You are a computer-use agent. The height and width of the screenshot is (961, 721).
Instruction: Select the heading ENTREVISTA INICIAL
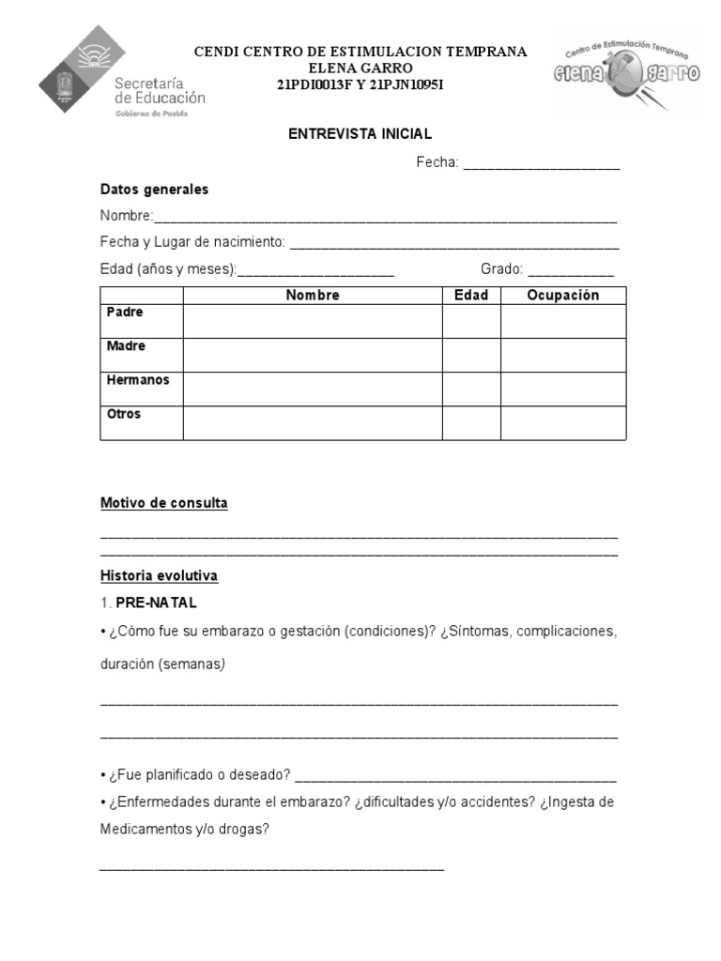click(x=360, y=134)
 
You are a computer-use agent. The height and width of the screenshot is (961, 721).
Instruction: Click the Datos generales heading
click(x=154, y=190)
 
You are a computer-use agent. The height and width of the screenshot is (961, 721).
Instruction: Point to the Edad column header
click(x=471, y=296)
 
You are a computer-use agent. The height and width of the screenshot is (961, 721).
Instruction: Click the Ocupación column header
click(x=562, y=296)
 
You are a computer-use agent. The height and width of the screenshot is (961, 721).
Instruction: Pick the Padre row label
click(x=126, y=313)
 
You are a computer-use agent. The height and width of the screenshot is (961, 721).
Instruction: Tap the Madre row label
click(x=127, y=346)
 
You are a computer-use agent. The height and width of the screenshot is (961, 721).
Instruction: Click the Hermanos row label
click(x=138, y=380)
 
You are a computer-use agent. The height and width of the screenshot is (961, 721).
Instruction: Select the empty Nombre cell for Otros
click(x=313, y=423)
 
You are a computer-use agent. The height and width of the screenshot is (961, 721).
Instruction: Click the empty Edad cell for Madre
click(x=471, y=355)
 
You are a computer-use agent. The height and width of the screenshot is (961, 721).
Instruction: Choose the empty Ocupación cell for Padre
click(x=562, y=321)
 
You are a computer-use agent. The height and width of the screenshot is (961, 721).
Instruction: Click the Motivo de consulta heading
click(x=164, y=503)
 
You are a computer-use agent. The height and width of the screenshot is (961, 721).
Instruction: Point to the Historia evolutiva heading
click(x=159, y=575)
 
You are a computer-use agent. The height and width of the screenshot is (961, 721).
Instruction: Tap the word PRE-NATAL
click(x=157, y=603)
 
